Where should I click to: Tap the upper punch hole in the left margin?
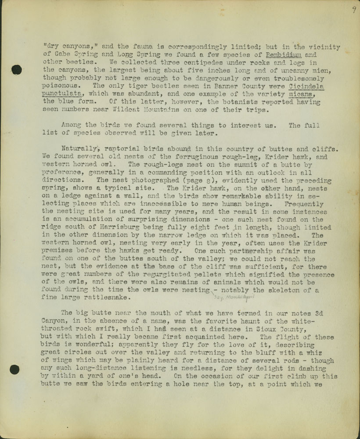pyautogui.click(x=17, y=69)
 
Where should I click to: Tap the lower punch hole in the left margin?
pyautogui.click(x=14, y=369)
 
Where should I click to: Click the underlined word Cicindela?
pyautogui.click(x=307, y=86)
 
